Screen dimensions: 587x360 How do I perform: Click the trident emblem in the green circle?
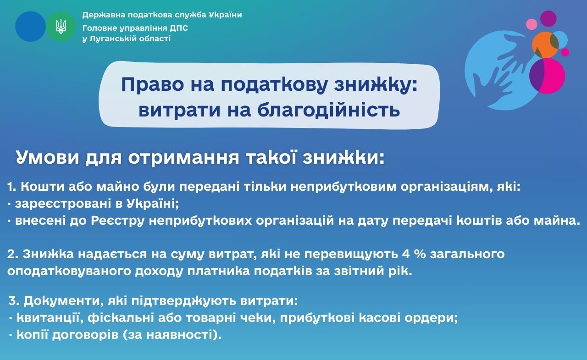tap(61, 27)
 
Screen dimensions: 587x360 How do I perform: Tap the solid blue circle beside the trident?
tap(30, 27)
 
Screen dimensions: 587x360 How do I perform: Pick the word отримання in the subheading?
tap(184, 158)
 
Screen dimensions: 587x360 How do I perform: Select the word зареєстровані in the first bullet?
tap(63, 204)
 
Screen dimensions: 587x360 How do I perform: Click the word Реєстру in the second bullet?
tap(118, 221)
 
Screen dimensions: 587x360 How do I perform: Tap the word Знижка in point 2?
tap(48, 254)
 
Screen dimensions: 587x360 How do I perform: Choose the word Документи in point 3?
tap(63, 301)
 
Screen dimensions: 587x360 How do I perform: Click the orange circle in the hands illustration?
tap(545, 44)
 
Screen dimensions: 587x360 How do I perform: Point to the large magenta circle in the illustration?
tap(547, 76)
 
